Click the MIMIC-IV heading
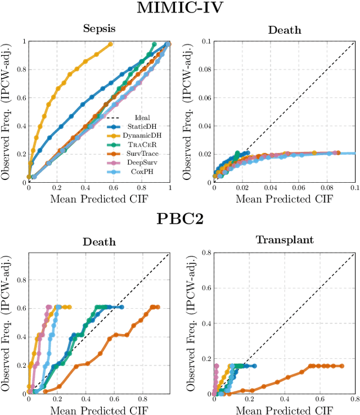pyautogui.click(x=180, y=8)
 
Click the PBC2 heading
pyautogui.click(x=180, y=218)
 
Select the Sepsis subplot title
pyautogui.click(x=98, y=29)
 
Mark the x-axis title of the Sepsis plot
pyautogui.click(x=98, y=198)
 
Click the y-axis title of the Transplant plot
pyautogui.click(x=191, y=323)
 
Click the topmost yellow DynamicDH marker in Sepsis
pyautogui.click(x=110, y=44)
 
